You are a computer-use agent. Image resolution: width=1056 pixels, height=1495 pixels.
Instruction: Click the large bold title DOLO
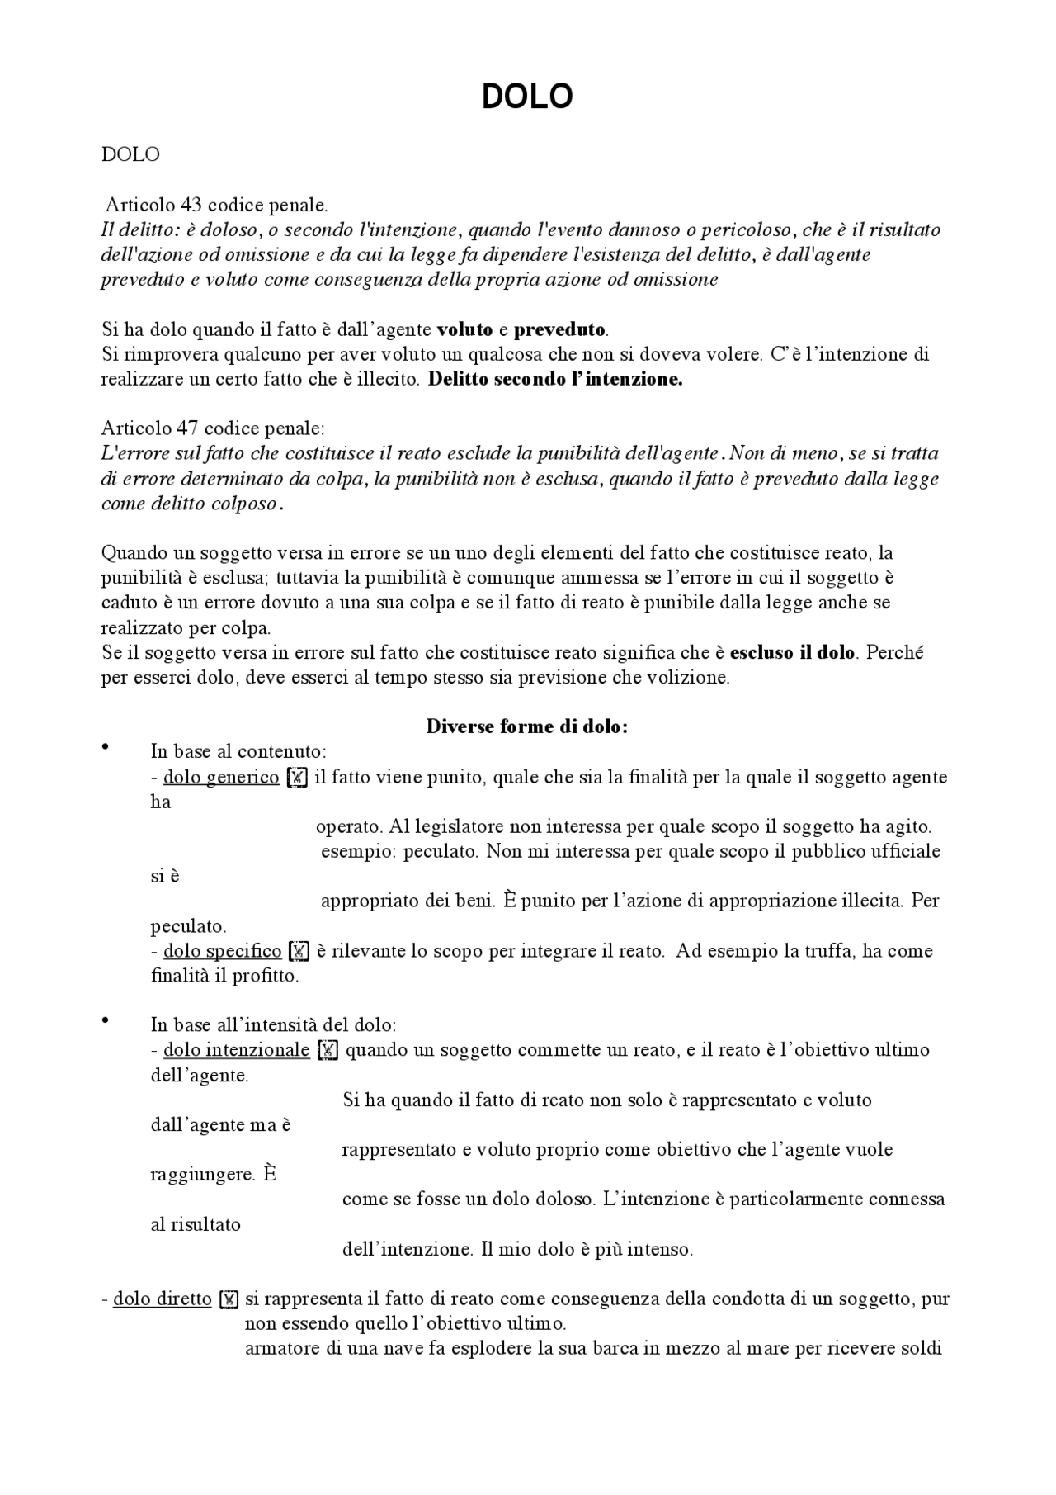click(x=527, y=97)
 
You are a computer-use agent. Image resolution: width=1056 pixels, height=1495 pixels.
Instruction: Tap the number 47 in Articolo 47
click(x=188, y=428)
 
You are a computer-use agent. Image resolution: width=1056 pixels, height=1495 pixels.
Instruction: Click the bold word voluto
click(x=464, y=329)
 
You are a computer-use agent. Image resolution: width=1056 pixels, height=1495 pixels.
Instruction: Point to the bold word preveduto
click(x=560, y=329)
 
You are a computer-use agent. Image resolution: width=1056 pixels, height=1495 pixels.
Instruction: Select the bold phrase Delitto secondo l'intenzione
click(x=555, y=380)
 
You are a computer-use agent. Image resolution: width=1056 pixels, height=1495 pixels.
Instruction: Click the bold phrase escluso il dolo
click(x=792, y=652)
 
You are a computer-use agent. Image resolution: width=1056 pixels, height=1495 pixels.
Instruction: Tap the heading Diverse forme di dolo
click(x=527, y=726)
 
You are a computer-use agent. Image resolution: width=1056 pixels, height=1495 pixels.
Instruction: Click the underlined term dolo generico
click(x=221, y=777)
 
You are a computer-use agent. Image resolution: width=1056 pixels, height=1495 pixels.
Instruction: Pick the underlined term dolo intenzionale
click(x=237, y=1050)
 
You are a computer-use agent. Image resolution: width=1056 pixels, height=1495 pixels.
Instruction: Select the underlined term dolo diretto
click(x=163, y=1299)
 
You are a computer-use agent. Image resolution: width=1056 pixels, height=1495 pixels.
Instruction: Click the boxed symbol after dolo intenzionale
click(x=328, y=1051)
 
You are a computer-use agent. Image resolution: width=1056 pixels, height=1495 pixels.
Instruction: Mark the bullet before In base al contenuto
click(x=105, y=748)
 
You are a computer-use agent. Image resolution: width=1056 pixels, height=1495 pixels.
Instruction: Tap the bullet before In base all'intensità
click(x=105, y=1021)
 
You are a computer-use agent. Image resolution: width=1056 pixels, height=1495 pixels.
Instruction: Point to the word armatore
click(x=278, y=1349)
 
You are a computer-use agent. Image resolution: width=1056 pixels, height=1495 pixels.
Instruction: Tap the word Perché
click(x=894, y=652)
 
